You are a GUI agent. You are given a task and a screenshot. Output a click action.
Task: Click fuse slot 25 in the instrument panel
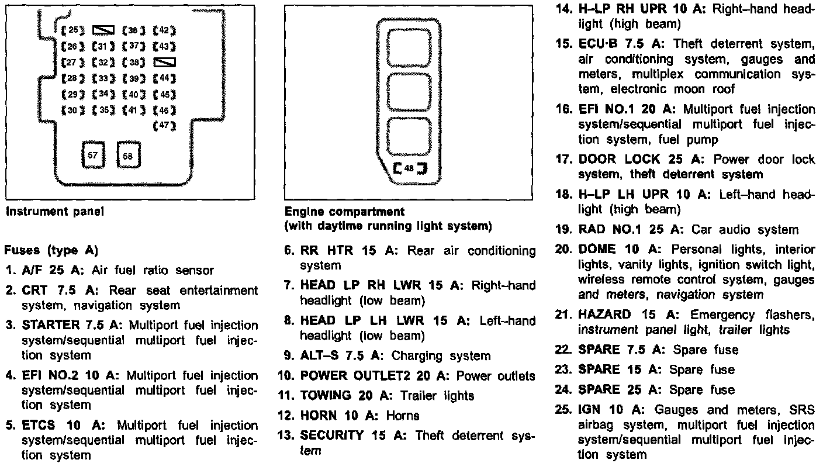[73, 30]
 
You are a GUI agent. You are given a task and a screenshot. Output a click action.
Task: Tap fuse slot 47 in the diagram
[164, 125]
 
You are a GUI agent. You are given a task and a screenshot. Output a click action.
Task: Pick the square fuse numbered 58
[128, 156]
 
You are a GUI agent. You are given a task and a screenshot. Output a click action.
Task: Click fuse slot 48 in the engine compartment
[409, 168]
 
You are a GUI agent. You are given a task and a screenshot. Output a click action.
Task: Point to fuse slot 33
[103, 78]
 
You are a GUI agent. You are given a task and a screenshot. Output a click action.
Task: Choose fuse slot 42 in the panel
[164, 30]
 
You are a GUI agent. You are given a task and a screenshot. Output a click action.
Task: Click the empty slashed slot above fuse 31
[103, 30]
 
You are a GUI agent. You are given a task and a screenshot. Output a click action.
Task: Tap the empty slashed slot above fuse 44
[164, 62]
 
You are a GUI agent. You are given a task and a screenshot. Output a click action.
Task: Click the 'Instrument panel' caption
[54, 212]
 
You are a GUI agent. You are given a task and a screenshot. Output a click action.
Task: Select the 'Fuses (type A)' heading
[50, 250]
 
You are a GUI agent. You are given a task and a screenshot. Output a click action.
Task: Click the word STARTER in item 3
[50, 325]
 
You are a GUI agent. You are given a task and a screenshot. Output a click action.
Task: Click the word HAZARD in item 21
[604, 315]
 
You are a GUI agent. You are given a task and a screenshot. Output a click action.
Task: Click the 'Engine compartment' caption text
[344, 212]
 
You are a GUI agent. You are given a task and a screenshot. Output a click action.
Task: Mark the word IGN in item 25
[589, 410]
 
